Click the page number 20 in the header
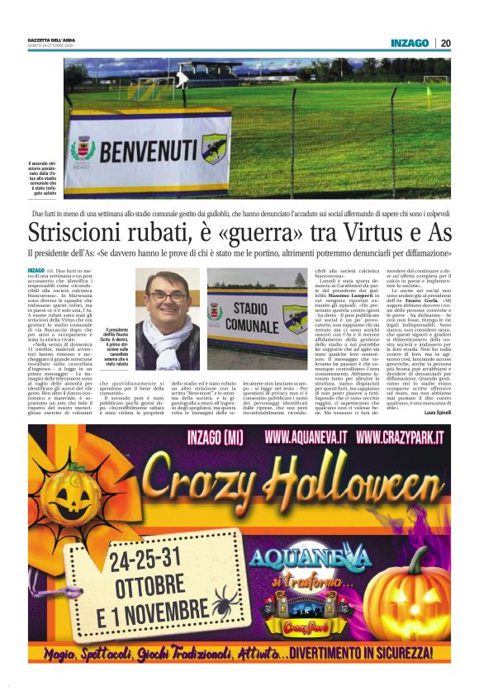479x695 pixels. click(x=445, y=43)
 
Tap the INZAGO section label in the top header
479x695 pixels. click(x=410, y=43)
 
